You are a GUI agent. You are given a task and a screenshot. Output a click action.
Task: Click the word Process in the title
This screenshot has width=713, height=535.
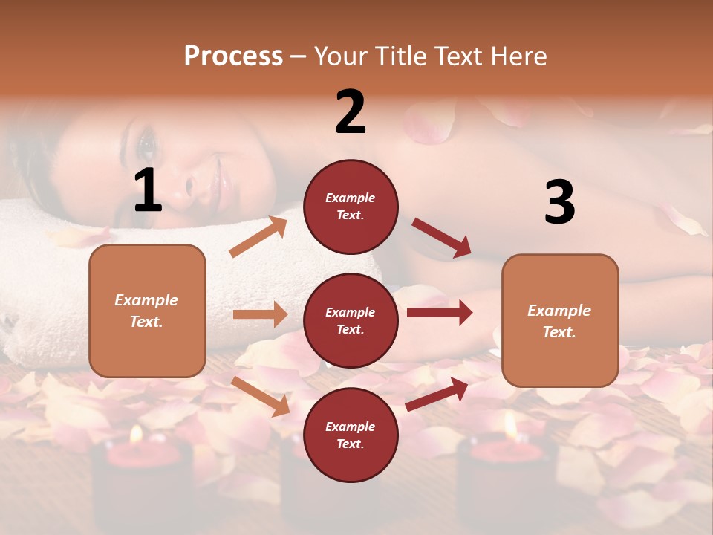coord(233,56)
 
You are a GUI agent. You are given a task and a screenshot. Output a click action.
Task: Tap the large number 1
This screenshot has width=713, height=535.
coord(147,191)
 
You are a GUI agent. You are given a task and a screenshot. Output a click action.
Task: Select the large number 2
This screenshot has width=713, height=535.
coord(351,112)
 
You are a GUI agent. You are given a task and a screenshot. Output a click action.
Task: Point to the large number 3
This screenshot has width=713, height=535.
coord(559,202)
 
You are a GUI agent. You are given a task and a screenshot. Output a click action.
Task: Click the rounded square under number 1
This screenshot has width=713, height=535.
coord(147,311)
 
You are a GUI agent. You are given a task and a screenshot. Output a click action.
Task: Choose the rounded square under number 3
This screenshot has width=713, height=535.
coord(560,320)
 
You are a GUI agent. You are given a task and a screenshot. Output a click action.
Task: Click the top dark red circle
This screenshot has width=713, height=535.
coord(351,206)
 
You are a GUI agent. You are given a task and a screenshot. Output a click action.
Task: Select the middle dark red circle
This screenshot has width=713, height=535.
coord(351,320)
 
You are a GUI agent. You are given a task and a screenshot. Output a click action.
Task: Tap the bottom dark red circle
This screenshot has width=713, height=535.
coord(351,435)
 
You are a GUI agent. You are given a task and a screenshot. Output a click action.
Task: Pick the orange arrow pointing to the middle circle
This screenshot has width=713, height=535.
coord(260,314)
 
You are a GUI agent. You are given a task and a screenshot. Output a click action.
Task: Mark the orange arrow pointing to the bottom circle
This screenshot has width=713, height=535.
coord(261,396)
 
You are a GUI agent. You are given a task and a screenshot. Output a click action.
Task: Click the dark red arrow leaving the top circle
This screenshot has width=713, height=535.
coord(442,238)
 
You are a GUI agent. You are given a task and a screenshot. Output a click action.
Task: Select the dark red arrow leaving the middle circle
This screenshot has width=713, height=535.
coord(440,313)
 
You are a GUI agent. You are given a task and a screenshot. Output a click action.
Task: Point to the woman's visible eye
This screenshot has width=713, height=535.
coord(146,141)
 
